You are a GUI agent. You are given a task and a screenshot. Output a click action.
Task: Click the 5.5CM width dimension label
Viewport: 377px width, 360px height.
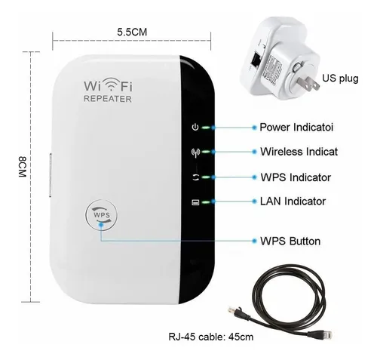[132, 32]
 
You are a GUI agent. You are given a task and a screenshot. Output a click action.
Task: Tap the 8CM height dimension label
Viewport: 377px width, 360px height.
[23, 167]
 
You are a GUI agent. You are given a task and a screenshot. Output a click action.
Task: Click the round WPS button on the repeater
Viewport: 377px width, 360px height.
[101, 215]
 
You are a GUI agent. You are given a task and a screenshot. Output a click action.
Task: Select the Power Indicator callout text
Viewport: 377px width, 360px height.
[296, 128]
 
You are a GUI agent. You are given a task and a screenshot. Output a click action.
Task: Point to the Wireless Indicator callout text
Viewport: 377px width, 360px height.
[299, 152]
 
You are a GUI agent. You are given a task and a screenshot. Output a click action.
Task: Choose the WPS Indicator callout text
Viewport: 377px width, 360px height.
[296, 177]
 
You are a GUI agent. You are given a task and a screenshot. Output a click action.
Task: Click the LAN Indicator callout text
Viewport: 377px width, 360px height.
[293, 202]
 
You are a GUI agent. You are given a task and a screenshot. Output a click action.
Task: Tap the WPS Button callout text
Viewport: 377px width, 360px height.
[290, 242]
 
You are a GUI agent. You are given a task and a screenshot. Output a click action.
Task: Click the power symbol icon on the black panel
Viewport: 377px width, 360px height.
[195, 128]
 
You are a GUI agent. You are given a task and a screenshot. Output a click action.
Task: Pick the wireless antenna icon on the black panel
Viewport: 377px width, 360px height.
[195, 152]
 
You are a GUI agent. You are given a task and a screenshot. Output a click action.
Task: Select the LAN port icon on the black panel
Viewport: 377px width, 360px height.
[195, 202]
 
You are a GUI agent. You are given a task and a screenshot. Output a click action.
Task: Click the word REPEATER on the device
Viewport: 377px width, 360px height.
[108, 99]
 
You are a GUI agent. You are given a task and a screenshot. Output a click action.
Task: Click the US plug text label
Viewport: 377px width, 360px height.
[340, 78]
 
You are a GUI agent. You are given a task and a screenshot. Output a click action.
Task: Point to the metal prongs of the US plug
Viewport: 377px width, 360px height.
[308, 84]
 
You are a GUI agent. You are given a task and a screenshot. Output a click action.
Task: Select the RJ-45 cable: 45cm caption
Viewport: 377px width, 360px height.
[211, 337]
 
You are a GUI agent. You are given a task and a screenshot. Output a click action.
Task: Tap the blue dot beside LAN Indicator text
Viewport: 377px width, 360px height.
[254, 202]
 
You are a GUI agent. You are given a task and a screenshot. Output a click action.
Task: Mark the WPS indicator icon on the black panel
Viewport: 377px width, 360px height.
[195, 177]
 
